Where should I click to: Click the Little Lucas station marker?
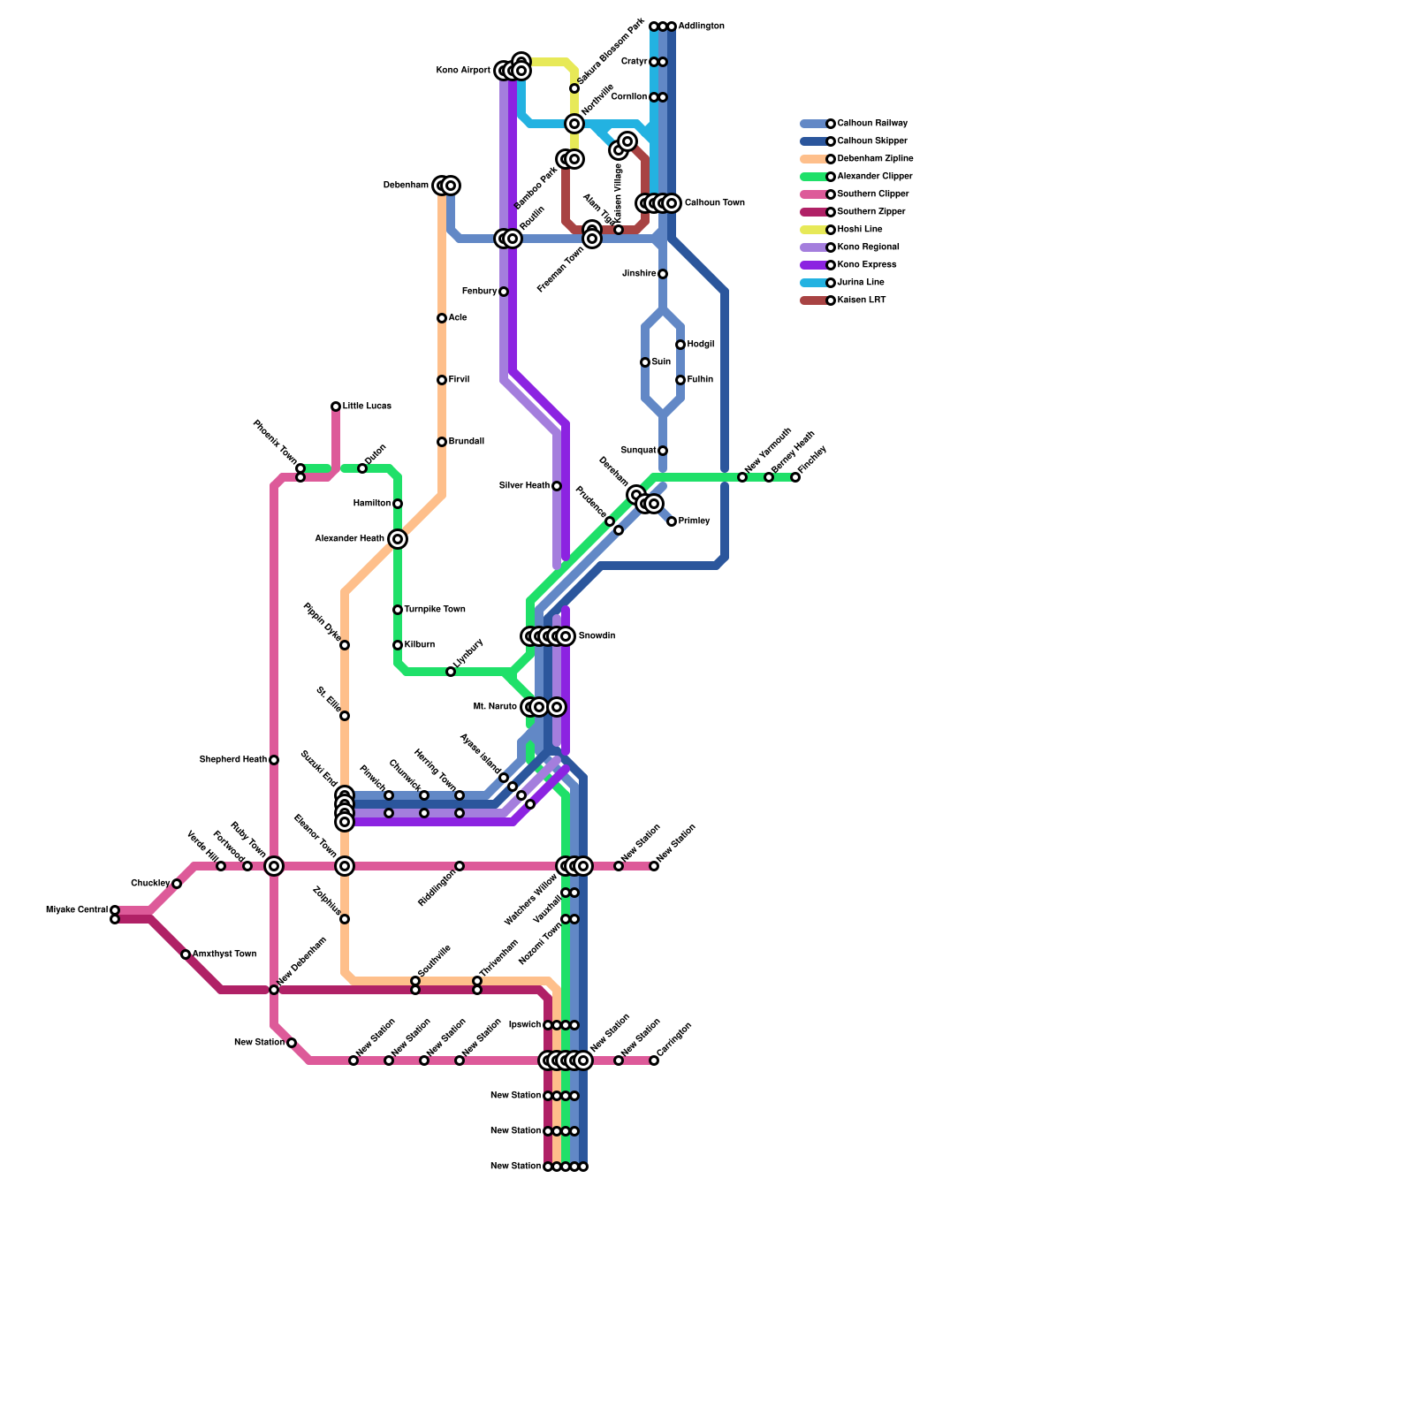click(336, 407)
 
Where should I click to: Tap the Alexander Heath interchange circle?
click(398, 539)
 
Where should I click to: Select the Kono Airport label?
click(463, 71)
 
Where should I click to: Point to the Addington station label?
click(702, 27)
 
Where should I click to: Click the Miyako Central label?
click(77, 910)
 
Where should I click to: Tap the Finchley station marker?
click(795, 477)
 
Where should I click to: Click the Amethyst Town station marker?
click(186, 954)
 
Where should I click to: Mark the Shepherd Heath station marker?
click(274, 760)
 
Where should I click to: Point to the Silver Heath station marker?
click(557, 486)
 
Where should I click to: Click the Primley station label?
click(695, 521)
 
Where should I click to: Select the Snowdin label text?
click(597, 636)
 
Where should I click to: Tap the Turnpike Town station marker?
click(398, 610)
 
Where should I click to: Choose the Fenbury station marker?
click(504, 292)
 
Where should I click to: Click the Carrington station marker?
click(654, 1060)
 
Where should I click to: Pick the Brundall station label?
click(466, 442)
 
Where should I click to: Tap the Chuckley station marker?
click(177, 884)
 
